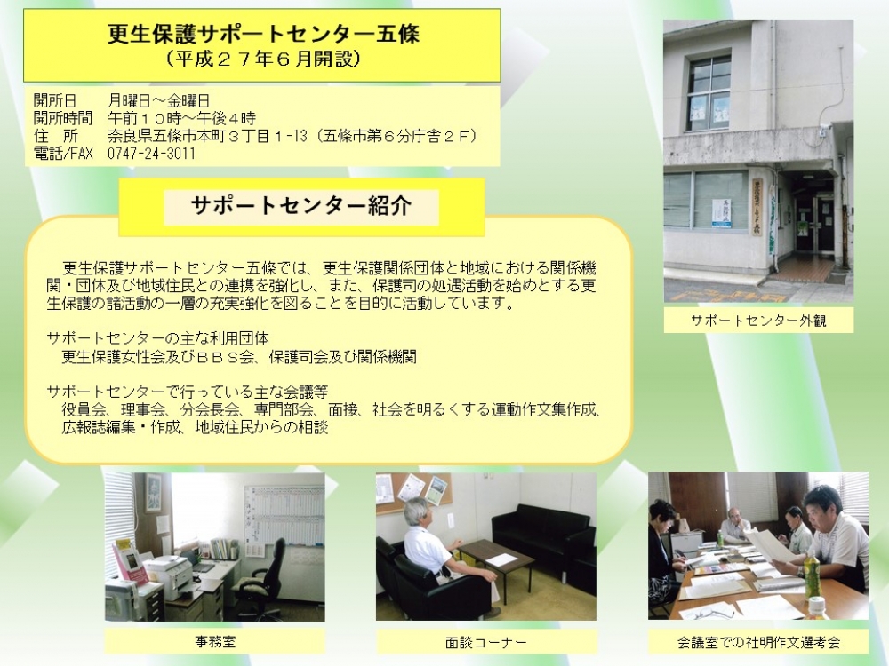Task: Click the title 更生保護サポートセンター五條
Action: pyautogui.click(x=264, y=34)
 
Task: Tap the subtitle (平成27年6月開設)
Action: pyautogui.click(x=264, y=59)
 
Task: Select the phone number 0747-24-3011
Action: pyautogui.click(x=151, y=154)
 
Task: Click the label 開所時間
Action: pyautogui.click(x=62, y=118)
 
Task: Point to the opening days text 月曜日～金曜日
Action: pyautogui.click(x=159, y=101)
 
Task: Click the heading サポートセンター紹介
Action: pyautogui.click(x=301, y=206)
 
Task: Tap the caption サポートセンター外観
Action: pyautogui.click(x=758, y=321)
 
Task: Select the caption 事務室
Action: pyautogui.click(x=215, y=642)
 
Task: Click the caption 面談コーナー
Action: pyautogui.click(x=486, y=642)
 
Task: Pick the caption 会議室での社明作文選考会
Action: pyautogui.click(x=758, y=642)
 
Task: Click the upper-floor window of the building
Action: pyautogui.click(x=709, y=93)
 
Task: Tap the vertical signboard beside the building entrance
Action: pyautogui.click(x=757, y=206)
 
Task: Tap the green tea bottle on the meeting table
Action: pyautogui.click(x=813, y=574)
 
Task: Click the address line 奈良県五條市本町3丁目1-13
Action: pyautogui.click(x=207, y=136)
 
